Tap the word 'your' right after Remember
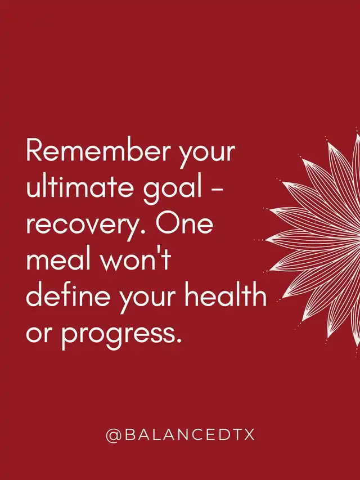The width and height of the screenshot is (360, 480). click(207, 156)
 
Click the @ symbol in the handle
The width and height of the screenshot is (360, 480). click(114, 434)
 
